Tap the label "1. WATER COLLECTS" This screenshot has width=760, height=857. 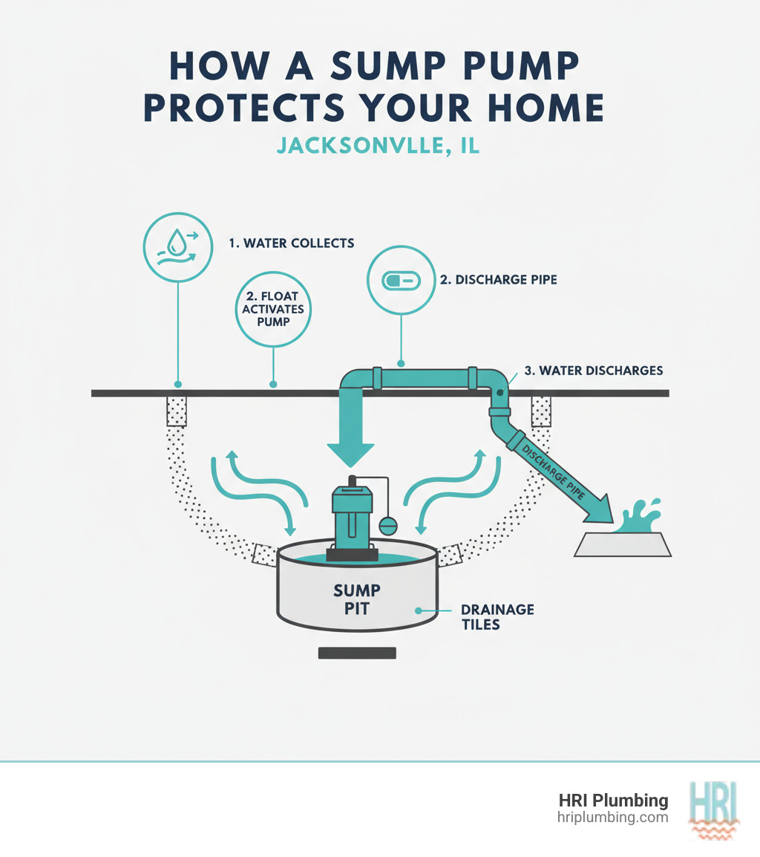[292, 243]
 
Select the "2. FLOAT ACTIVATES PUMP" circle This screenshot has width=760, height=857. [273, 310]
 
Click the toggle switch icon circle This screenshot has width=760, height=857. [401, 281]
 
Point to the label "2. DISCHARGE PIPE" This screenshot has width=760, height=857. [498, 281]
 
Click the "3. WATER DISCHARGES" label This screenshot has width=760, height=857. [593, 370]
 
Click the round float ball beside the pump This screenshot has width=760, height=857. [388, 525]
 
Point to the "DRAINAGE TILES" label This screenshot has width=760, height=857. [497, 616]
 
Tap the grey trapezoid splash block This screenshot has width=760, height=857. [623, 545]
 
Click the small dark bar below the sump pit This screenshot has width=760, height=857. [357, 654]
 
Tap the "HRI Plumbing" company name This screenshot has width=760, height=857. [613, 801]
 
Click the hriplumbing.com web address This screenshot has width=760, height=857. [612, 817]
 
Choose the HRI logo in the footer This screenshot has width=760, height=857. [713, 808]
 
